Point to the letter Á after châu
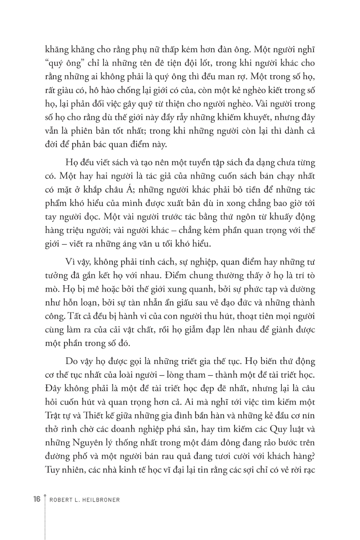pos(131,189)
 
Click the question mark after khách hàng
pos(314,456)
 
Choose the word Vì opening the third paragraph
pos(70,262)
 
